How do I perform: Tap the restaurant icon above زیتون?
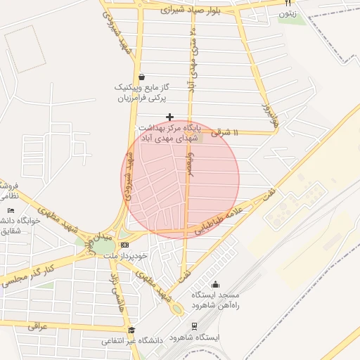[x=288, y=4]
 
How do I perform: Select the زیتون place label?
[x=288, y=14]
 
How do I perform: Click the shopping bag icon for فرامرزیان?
[x=142, y=77]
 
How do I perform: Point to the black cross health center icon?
[x=169, y=116]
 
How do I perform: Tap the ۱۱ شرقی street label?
[x=225, y=132]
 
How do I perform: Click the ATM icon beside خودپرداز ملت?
[x=125, y=245]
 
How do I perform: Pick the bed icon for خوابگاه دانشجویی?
[x=10, y=211]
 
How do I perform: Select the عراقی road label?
[x=37, y=326]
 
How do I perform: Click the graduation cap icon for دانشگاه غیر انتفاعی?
[x=131, y=330]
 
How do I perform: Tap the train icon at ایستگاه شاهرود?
[x=194, y=326]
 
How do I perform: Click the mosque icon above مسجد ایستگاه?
[x=215, y=285]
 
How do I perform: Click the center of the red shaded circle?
[x=180, y=180]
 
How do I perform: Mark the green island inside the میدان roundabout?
[x=103, y=246]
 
